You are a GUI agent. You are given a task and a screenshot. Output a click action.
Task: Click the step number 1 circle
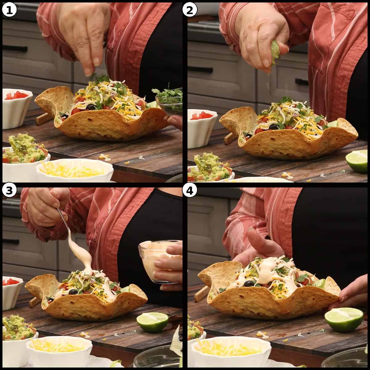pyautogui.click(x=9, y=10)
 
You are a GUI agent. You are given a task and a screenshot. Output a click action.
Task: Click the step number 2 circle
pyautogui.click(x=190, y=10)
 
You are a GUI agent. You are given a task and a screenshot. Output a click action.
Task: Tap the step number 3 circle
pyautogui.click(x=9, y=191)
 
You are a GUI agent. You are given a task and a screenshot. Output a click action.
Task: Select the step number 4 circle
pyautogui.click(x=190, y=191)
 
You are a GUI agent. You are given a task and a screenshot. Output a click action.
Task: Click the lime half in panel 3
pyautogui.click(x=152, y=322)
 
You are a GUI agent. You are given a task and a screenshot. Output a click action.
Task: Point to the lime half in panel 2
pyautogui.click(x=357, y=161)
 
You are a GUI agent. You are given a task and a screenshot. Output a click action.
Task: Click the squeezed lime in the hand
pyautogui.click(x=275, y=53)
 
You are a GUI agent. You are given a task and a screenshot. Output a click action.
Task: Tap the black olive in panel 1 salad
pyautogui.click(x=91, y=107)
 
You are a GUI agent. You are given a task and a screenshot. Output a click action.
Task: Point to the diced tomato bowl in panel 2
pyautogui.click(x=202, y=126)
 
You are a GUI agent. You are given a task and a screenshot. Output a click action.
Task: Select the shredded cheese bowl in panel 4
pyautogui.click(x=231, y=351)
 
